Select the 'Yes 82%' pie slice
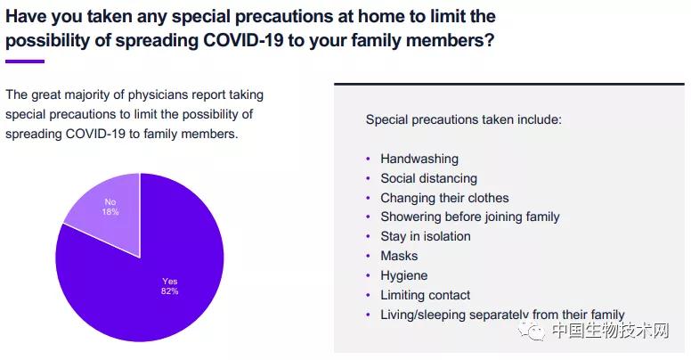pos(145,282)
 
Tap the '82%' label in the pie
pos(170,291)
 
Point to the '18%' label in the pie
pos(110,212)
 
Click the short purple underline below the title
pos(25,61)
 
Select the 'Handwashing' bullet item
pos(419,159)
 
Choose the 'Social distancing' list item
pos(429,179)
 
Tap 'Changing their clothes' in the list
pos(444,198)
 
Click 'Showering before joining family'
pos(470,217)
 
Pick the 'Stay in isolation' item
pos(426,236)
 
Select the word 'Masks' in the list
pos(399,256)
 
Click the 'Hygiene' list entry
pos(404,275)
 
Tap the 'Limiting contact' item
pos(426,295)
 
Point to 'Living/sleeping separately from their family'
pos(503,315)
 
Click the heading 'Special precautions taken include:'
pos(464,120)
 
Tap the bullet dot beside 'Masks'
pos(369,256)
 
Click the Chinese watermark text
pos(610,331)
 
